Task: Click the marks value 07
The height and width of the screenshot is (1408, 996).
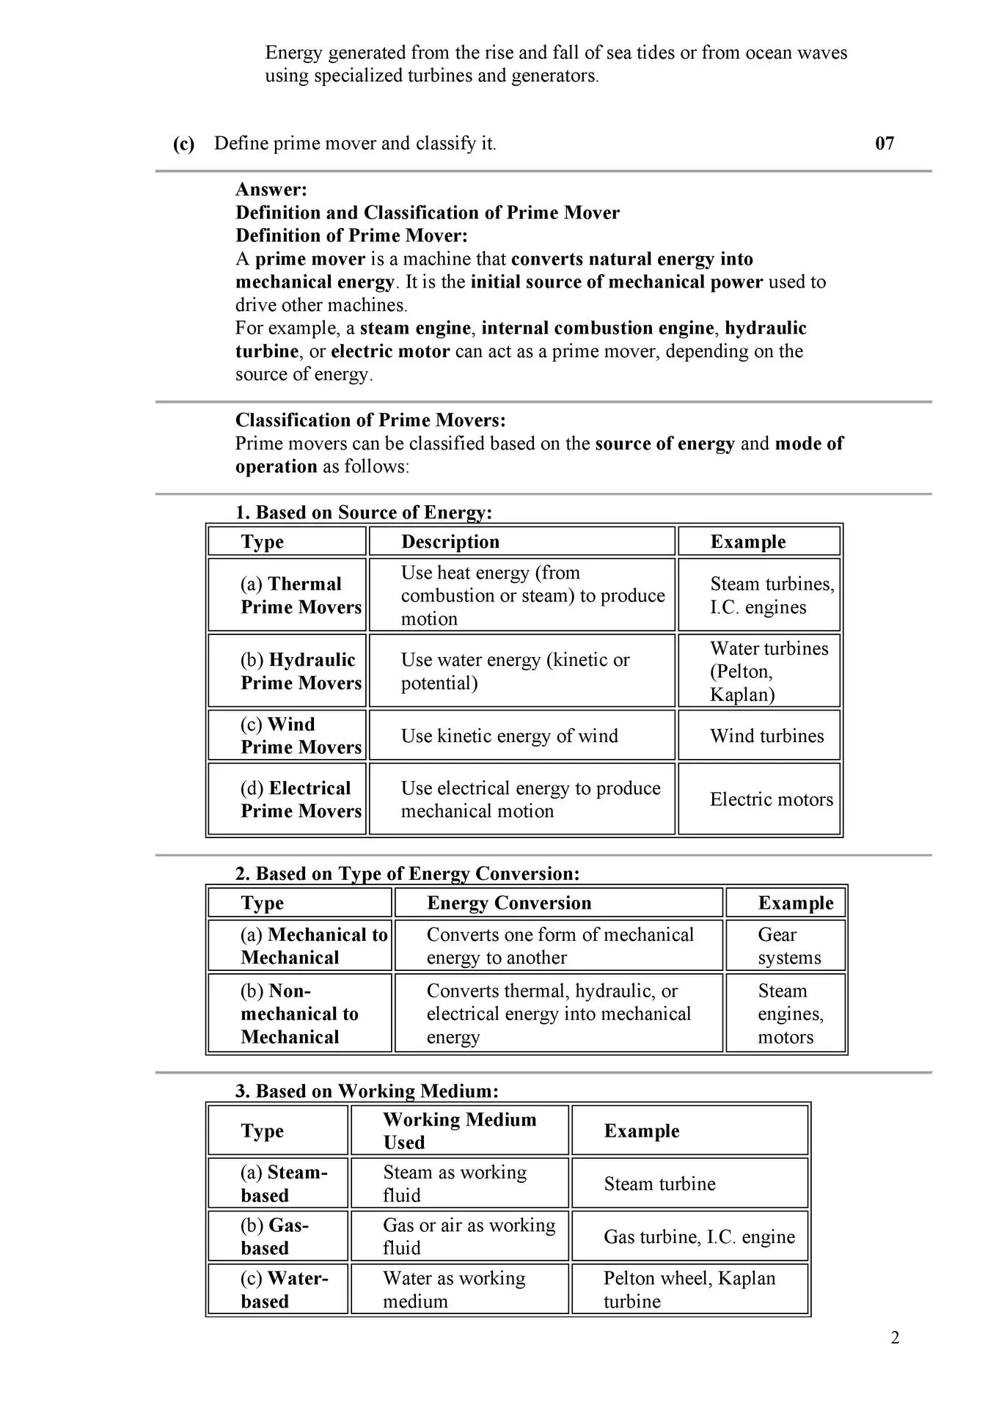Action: click(885, 143)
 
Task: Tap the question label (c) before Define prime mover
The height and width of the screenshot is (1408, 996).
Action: click(183, 143)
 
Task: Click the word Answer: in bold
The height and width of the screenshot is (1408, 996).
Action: click(271, 189)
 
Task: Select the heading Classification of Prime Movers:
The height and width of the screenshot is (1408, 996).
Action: click(370, 420)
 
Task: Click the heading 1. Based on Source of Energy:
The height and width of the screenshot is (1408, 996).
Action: click(363, 512)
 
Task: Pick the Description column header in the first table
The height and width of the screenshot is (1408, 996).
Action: click(450, 541)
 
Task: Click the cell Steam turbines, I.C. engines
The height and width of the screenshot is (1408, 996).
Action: click(759, 595)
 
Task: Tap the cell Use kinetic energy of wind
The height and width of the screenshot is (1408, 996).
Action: click(509, 736)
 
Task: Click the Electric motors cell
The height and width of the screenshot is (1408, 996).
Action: click(759, 799)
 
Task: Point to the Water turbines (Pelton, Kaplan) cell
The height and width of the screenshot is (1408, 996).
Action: click(759, 671)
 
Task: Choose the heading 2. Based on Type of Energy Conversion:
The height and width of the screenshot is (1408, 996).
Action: click(407, 873)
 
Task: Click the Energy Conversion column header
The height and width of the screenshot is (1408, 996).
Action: click(508, 903)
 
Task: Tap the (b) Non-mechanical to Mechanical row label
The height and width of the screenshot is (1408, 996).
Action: click(299, 1013)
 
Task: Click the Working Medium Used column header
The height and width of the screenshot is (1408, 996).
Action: click(459, 1130)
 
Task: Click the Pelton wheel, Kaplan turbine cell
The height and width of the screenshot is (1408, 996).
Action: click(689, 1289)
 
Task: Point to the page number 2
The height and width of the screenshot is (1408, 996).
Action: click(895, 1338)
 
